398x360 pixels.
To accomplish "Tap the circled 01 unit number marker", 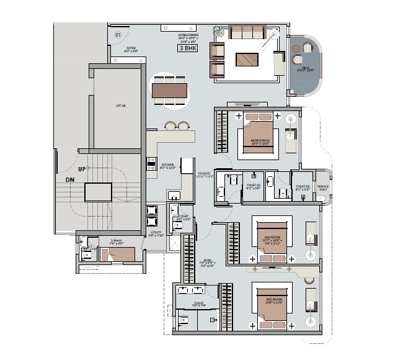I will [x=118, y=35].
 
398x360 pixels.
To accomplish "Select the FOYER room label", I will [x=131, y=49].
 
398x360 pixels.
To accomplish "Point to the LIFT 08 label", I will [x=121, y=106].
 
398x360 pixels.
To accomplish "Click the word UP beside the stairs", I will [x=81, y=169].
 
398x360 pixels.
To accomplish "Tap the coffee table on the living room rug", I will [x=246, y=60].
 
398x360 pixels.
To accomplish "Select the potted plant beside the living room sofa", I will [x=218, y=30].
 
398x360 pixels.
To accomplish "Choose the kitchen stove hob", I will [x=151, y=164].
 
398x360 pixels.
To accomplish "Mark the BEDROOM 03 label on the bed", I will [x=260, y=142].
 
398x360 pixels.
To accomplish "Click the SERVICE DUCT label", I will [x=322, y=187].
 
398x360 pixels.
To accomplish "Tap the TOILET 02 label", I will [x=254, y=187].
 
